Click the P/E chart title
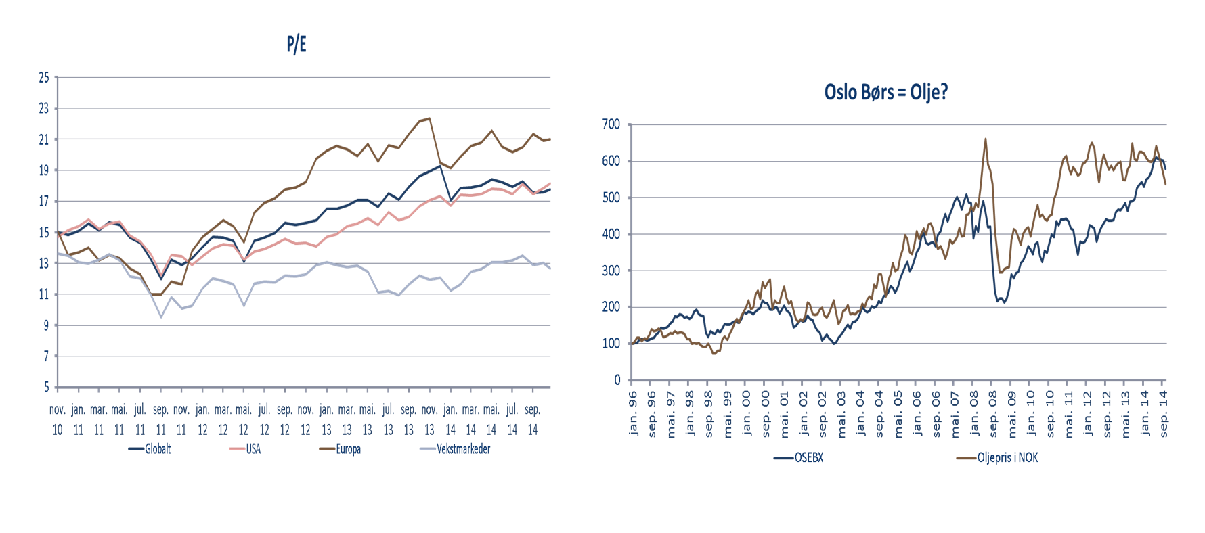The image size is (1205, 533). point(297,45)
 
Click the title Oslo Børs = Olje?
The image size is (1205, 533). point(885,92)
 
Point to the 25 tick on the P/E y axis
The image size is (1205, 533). point(44,78)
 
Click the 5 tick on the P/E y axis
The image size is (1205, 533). point(47,388)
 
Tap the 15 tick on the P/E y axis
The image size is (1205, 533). point(44,233)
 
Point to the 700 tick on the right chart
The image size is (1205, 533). point(611,124)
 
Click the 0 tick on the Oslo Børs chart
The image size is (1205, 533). point(617,380)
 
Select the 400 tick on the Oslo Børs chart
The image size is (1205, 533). point(611,234)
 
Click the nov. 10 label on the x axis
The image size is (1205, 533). point(58,419)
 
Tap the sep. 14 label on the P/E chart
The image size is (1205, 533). point(533,419)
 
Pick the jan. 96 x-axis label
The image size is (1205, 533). point(633,413)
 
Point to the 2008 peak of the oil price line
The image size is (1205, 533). point(985,139)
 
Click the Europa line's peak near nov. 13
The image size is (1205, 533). point(429,118)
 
